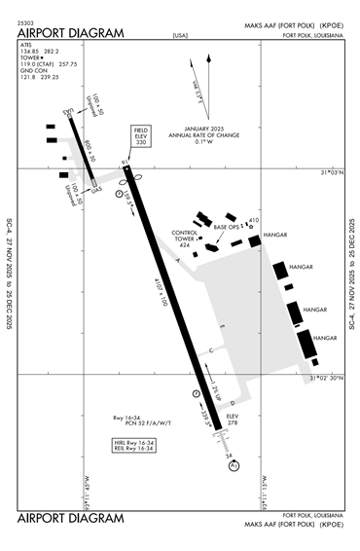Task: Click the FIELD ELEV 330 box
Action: coord(141,137)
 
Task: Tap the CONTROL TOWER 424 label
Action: coord(185,238)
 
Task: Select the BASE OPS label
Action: coord(227,227)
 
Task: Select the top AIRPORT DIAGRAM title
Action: coord(71,33)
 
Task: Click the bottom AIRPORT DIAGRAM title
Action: coord(71,517)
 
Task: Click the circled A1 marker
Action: coord(234,466)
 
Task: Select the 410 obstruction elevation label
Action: coord(255,220)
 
